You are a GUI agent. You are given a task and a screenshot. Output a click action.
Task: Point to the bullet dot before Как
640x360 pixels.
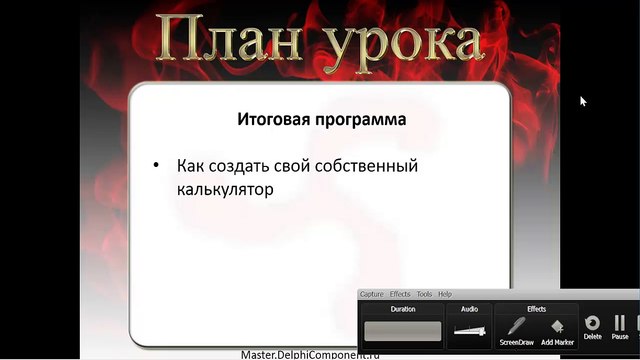pos(156,164)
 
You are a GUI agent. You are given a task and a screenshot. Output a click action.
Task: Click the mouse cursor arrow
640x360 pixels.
pos(583,100)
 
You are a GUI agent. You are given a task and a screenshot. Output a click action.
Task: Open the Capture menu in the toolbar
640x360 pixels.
pos(372,294)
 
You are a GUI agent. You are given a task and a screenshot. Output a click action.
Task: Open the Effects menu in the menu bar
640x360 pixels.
pos(400,294)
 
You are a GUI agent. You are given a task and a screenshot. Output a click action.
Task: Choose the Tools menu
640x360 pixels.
pos(424,294)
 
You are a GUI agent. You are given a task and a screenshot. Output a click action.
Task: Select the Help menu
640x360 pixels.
pos(445,294)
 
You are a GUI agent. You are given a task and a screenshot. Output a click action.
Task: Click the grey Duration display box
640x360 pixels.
pos(402,331)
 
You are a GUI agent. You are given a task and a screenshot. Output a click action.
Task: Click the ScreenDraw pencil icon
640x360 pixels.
pos(516,326)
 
